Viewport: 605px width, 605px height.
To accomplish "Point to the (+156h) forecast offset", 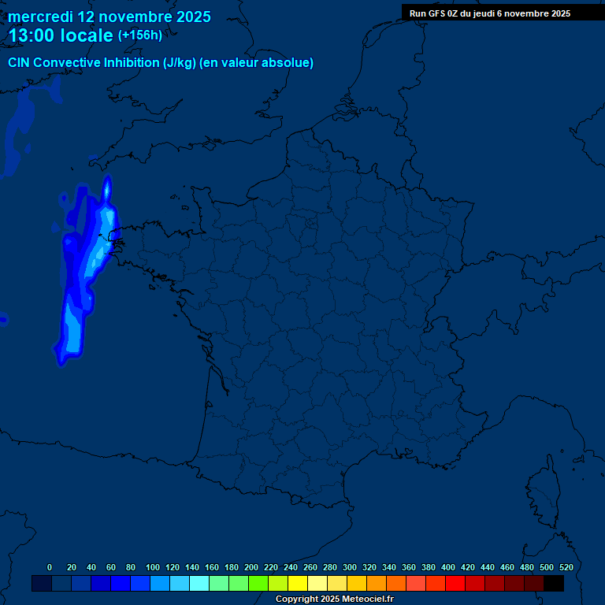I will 140,35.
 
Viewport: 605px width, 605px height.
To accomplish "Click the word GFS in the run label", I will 436,13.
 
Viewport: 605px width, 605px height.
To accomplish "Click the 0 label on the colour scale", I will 50,567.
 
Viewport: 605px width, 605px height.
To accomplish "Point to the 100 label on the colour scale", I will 153,567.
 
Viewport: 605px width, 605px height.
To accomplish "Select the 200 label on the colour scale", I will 251,567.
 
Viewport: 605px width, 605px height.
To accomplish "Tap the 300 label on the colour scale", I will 350,567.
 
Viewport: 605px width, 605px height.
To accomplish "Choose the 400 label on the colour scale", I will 448,567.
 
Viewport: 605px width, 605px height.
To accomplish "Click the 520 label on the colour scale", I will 566,567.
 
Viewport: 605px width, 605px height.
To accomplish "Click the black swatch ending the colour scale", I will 554,584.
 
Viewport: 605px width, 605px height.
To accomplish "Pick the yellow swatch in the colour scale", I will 298,584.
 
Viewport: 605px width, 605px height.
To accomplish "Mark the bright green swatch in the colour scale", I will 258,584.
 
